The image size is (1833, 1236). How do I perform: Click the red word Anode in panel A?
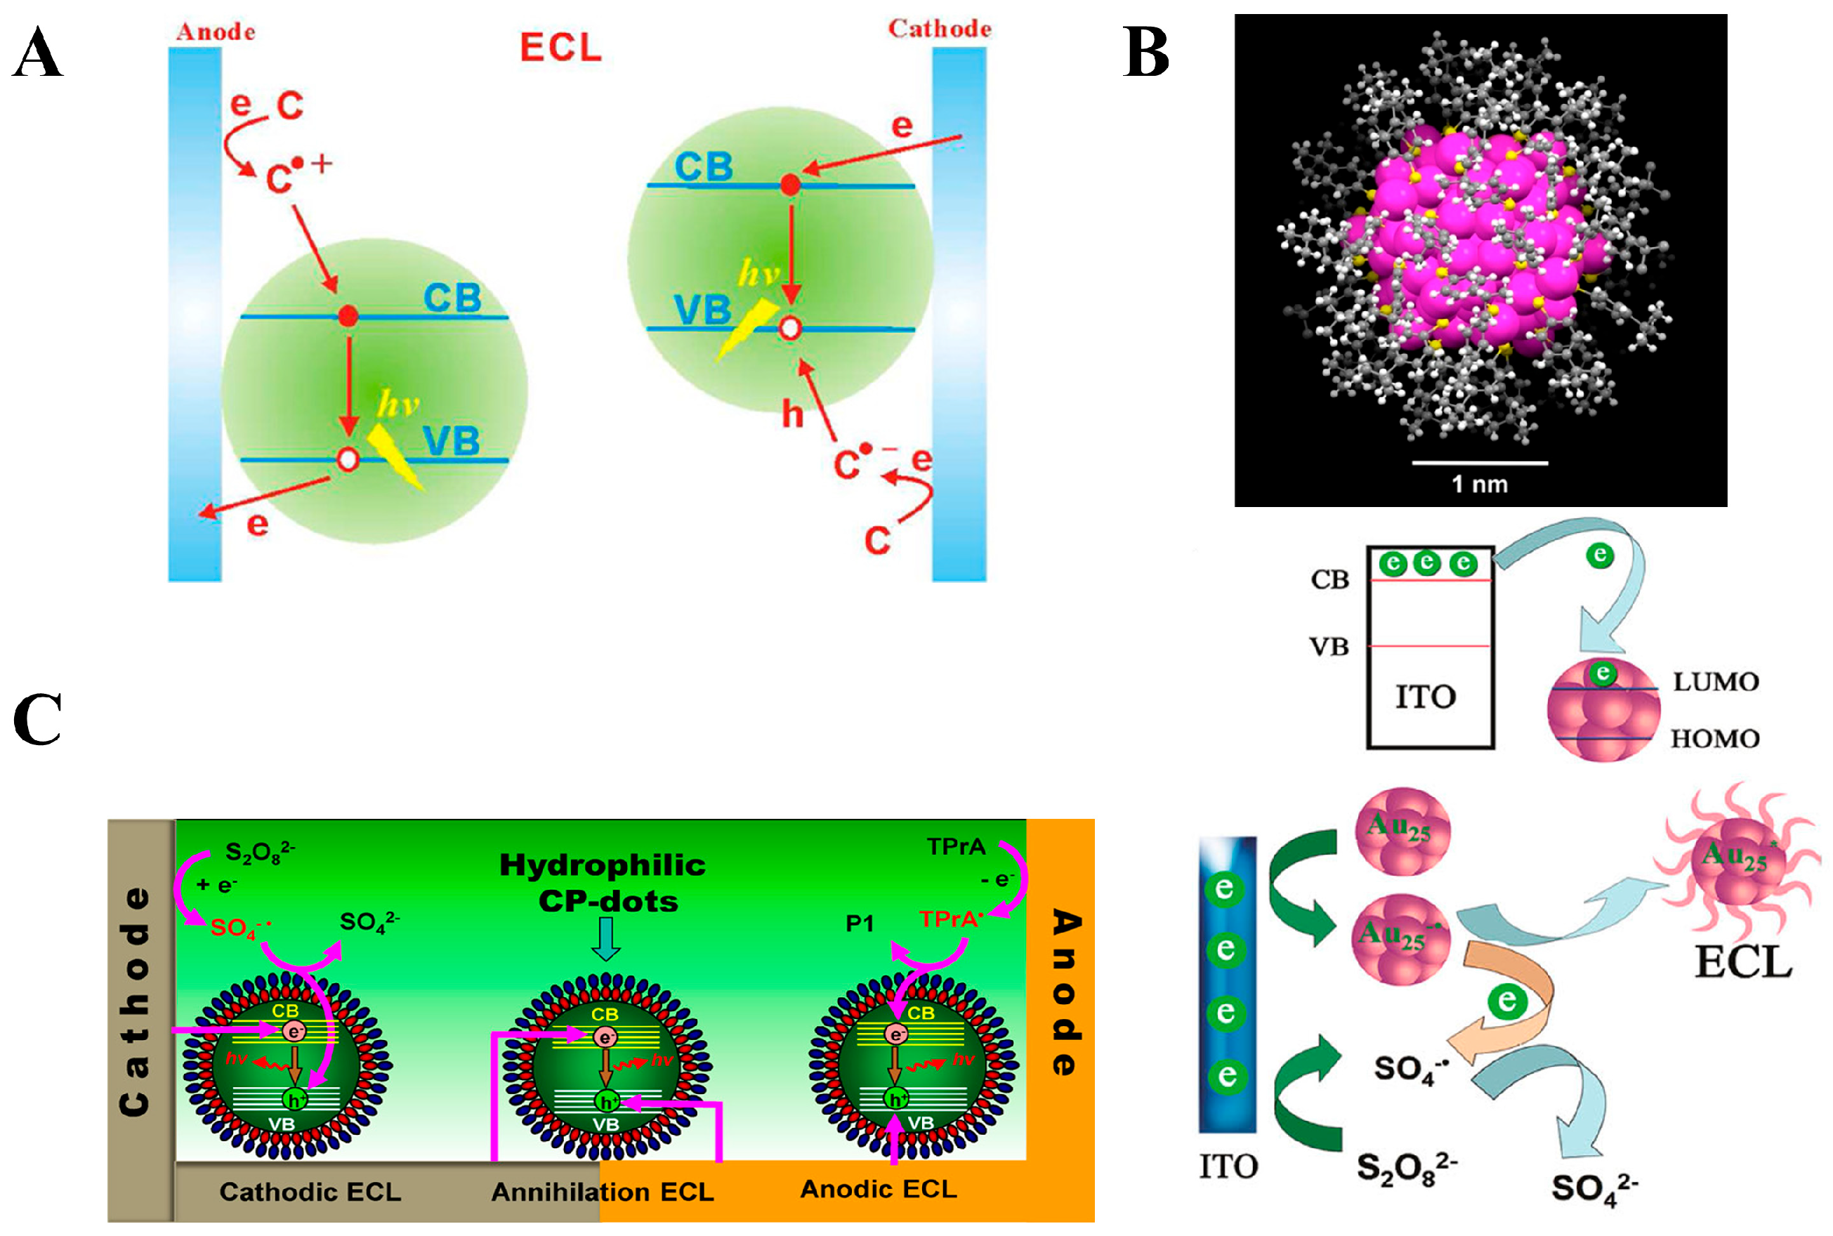(x=215, y=32)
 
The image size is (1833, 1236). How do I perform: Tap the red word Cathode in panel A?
(x=940, y=29)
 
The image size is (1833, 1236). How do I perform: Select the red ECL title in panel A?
(x=560, y=47)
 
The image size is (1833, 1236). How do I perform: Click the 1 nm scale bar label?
(x=1479, y=484)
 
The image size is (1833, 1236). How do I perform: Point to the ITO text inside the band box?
(x=1426, y=697)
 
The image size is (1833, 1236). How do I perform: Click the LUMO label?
(x=1716, y=682)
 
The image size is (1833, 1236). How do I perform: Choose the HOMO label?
(x=1715, y=739)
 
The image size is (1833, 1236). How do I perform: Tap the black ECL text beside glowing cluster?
(x=1743, y=963)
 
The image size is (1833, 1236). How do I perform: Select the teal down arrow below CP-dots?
(x=605, y=940)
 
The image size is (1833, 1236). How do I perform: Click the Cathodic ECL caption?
(x=310, y=1192)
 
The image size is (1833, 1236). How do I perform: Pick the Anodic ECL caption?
(x=878, y=1189)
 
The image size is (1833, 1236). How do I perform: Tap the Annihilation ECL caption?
(x=602, y=1192)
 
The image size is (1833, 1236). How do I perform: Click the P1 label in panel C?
(x=859, y=924)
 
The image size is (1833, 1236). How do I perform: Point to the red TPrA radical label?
(x=950, y=920)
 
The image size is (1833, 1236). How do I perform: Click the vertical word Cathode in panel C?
(x=135, y=1001)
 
